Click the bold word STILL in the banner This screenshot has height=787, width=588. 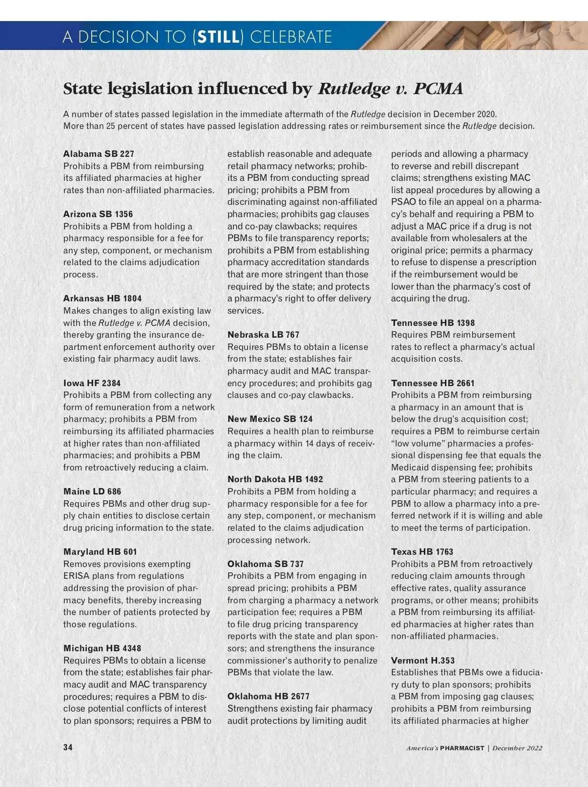(x=218, y=37)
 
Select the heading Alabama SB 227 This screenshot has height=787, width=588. (x=98, y=154)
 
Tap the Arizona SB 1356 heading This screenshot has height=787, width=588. (x=98, y=214)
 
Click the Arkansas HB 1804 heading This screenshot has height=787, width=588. (x=102, y=298)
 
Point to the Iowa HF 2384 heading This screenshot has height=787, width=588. (x=92, y=383)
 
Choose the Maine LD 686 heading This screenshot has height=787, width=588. (x=92, y=492)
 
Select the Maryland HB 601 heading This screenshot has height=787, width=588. (x=100, y=552)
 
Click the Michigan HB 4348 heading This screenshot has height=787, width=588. (x=102, y=648)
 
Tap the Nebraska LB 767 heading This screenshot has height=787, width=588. (x=263, y=335)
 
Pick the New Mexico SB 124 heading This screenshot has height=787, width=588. (x=270, y=419)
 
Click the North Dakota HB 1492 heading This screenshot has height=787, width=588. (x=275, y=479)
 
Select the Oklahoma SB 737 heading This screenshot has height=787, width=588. (x=265, y=564)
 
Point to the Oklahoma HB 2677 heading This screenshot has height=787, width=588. (x=268, y=696)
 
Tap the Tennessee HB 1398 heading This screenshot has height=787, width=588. (x=433, y=323)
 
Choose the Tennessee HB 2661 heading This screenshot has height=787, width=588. (x=433, y=383)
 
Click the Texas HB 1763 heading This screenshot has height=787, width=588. (x=422, y=552)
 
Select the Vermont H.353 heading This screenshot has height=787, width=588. (x=422, y=661)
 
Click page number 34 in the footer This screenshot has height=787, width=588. (x=68, y=747)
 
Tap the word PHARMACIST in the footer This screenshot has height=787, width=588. (x=462, y=748)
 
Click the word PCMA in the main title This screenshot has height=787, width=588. (x=438, y=89)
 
